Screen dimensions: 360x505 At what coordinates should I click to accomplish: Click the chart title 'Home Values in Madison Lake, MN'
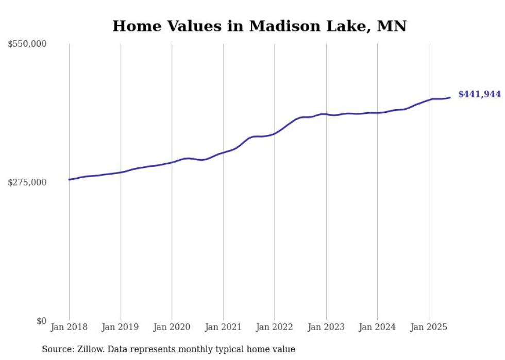pyautogui.click(x=259, y=26)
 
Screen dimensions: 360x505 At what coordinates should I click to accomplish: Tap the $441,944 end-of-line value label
pyautogui.click(x=479, y=94)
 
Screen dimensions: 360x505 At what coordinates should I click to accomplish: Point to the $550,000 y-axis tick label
pyautogui.click(x=27, y=44)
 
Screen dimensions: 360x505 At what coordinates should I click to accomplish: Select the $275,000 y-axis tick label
pyautogui.click(x=27, y=182)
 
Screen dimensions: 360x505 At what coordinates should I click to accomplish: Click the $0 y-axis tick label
pyautogui.click(x=41, y=321)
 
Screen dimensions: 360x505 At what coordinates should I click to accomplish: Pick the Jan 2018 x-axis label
pyautogui.click(x=69, y=327)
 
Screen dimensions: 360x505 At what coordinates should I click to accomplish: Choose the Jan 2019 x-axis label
pyautogui.click(x=121, y=327)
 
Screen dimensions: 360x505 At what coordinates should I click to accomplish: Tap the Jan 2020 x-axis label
pyautogui.click(x=172, y=327)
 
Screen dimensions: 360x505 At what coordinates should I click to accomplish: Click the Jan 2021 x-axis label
pyautogui.click(x=223, y=327)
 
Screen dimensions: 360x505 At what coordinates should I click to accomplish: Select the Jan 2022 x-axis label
pyautogui.click(x=275, y=327)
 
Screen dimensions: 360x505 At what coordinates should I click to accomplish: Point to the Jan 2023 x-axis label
pyautogui.click(x=326, y=327)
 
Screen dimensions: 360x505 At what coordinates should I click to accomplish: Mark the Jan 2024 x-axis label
pyautogui.click(x=377, y=327)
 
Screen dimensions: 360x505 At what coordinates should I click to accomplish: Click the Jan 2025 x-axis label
pyautogui.click(x=429, y=327)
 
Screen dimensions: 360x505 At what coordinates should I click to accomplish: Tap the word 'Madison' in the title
pyautogui.click(x=281, y=26)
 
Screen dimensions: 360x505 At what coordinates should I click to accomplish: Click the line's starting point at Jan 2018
pyautogui.click(x=69, y=179)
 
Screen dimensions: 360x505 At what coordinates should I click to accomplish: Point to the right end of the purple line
pyautogui.click(x=450, y=97)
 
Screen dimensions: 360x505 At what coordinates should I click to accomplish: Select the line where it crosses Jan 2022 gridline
pyautogui.click(x=275, y=133)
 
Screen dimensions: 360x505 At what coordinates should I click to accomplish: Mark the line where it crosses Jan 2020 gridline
pyautogui.click(x=172, y=162)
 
